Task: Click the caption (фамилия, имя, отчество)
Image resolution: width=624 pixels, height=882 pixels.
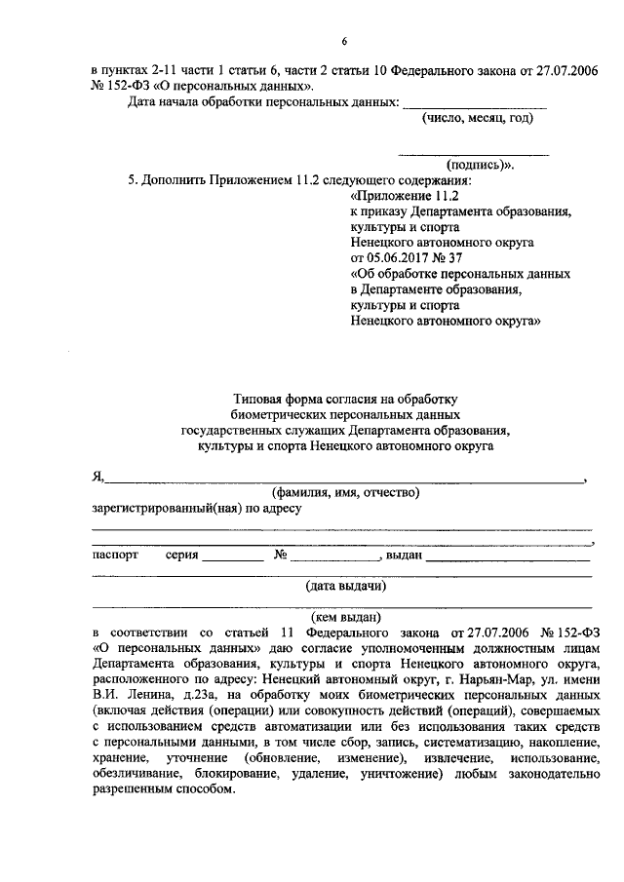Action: point(346,492)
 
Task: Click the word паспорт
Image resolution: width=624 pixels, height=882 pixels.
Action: point(116,555)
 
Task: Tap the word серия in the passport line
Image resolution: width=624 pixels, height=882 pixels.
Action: point(182,555)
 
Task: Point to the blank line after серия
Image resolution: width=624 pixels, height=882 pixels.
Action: point(233,557)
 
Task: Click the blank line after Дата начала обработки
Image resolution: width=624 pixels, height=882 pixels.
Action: point(475,104)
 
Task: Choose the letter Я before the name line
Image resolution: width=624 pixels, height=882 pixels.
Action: point(97,477)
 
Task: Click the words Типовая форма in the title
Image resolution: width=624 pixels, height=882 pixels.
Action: point(272,399)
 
